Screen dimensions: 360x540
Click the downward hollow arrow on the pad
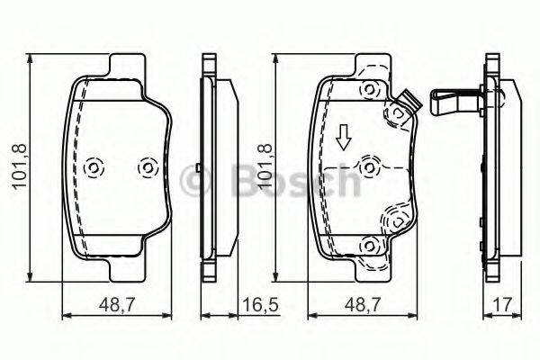point(343,138)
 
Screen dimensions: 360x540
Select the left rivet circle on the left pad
point(93,168)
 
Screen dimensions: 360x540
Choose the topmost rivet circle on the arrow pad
point(367,88)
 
